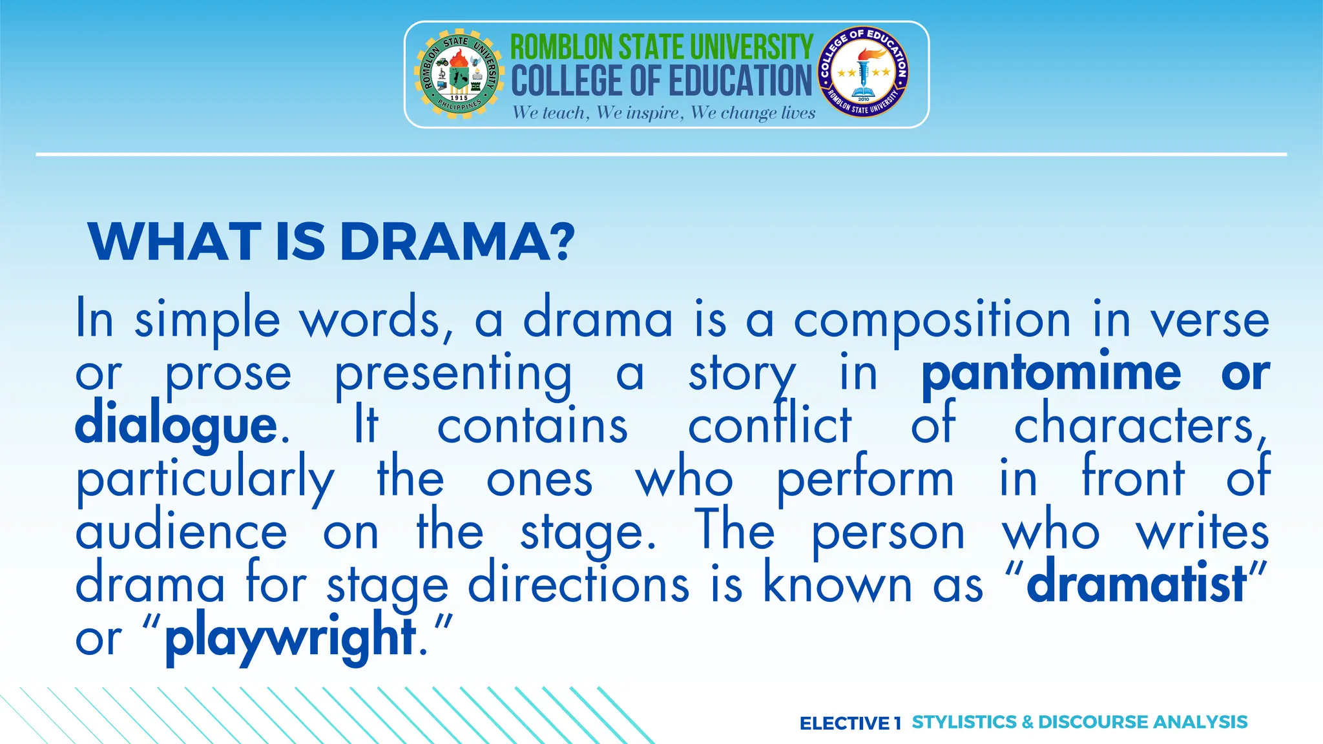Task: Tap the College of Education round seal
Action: pos(863,72)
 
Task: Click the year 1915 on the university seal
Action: pos(459,98)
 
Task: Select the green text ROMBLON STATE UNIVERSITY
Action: pos(661,47)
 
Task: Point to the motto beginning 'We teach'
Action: pos(663,113)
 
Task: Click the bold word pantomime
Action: pos(1051,374)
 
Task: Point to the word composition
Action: pos(932,321)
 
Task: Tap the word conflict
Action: pos(769,426)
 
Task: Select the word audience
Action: pos(181,533)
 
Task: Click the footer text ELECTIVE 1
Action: pos(849,723)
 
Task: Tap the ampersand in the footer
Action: pos(1027,722)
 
